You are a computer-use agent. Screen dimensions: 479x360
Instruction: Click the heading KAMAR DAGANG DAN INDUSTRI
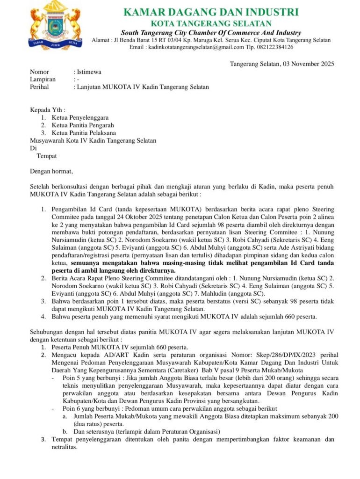coord(211,13)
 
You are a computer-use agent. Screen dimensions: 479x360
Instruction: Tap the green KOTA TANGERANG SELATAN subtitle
coord(211,23)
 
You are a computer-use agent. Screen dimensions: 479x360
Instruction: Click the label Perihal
coord(40,87)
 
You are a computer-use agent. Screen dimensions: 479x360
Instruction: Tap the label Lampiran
coord(43,80)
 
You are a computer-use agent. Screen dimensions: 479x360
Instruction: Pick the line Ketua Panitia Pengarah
coord(83,125)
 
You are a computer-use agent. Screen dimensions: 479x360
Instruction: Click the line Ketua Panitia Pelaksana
coord(84,133)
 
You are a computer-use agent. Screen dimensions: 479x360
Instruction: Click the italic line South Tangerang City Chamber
coord(211,33)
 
